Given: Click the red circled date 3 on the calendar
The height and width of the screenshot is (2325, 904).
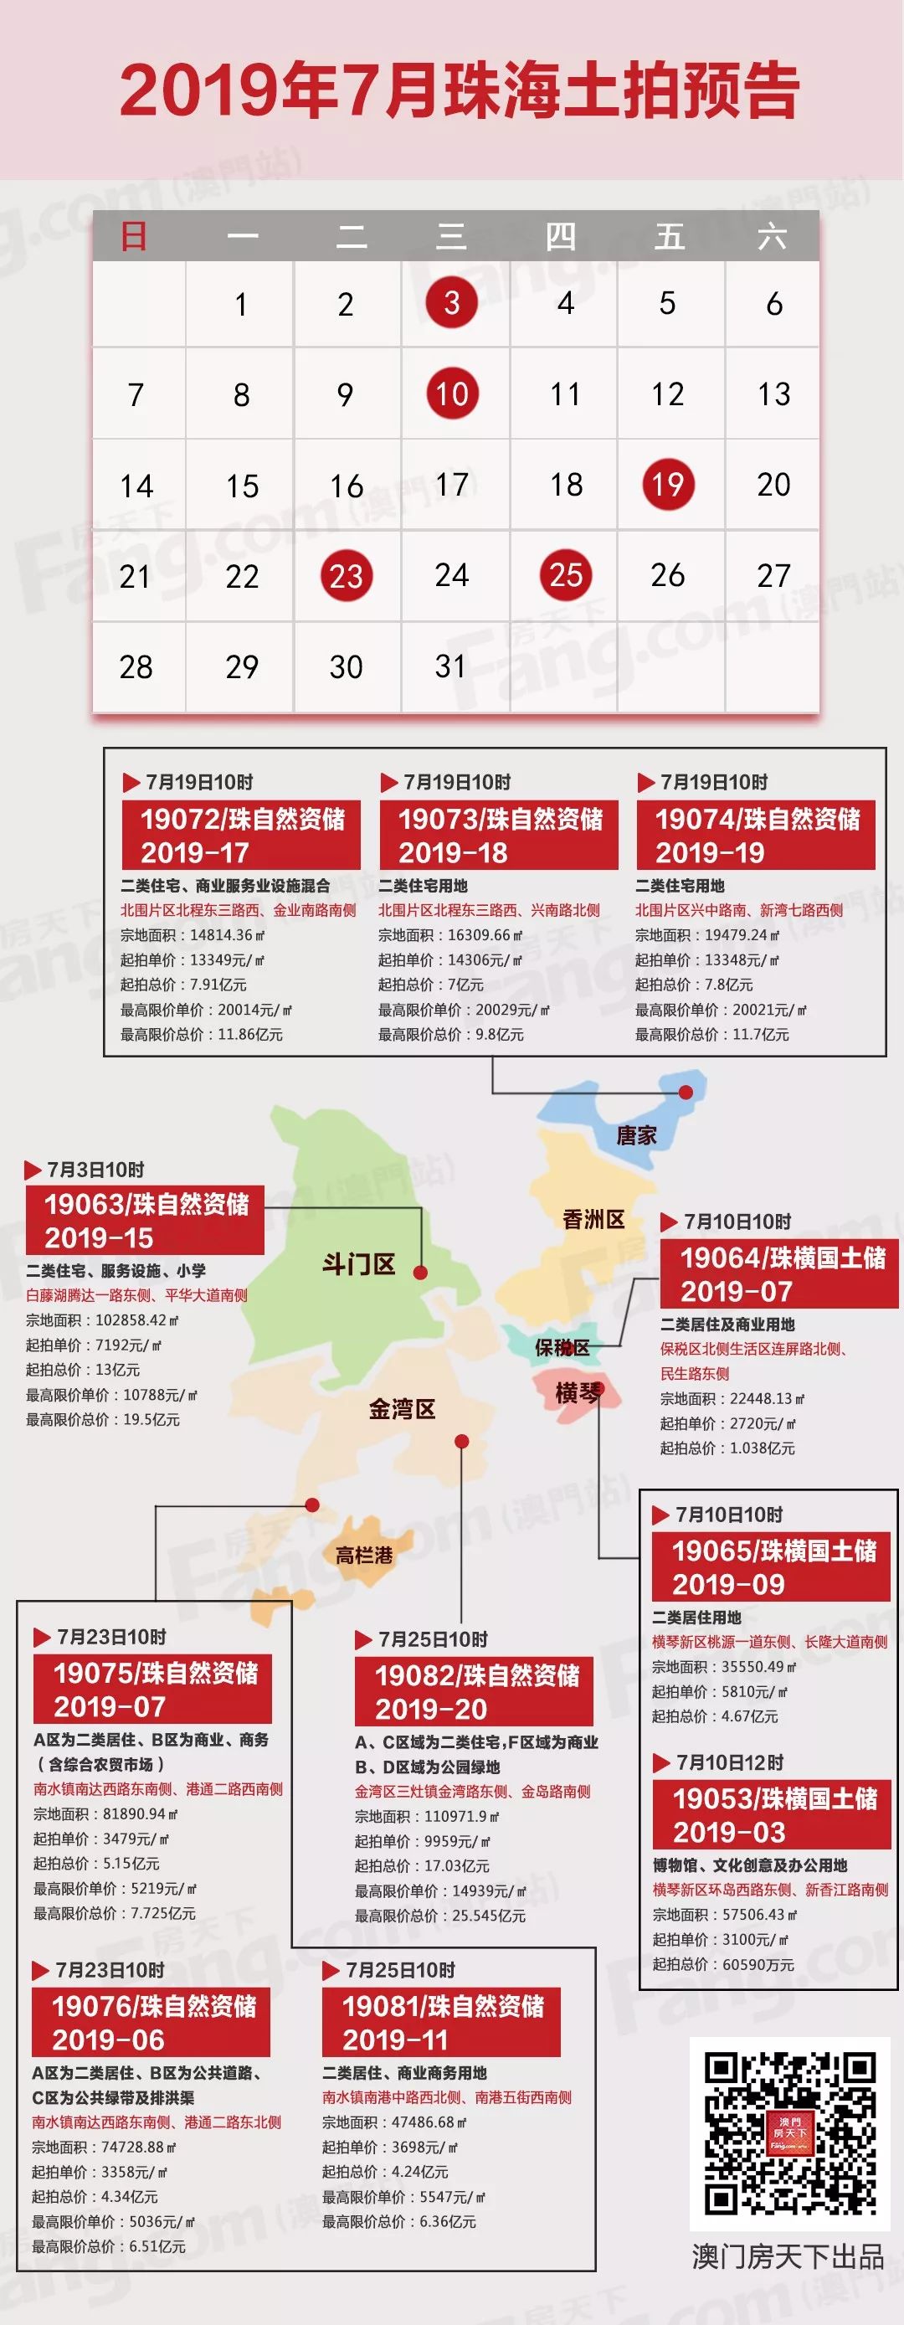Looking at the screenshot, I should click(x=451, y=302).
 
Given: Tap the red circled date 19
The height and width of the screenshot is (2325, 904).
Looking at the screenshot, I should click(x=668, y=485).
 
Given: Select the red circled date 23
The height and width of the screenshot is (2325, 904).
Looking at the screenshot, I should click(x=346, y=576).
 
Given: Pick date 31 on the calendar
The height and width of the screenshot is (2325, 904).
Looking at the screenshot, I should click(x=450, y=667).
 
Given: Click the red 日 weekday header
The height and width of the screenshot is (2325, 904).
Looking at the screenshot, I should click(x=134, y=236).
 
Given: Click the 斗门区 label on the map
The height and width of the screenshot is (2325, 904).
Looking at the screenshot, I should click(x=359, y=1263).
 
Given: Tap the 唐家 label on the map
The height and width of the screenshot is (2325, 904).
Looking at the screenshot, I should click(x=636, y=1135).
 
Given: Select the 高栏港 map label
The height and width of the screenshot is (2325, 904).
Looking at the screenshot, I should click(x=364, y=1555).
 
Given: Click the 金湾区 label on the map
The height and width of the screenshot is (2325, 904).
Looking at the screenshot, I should click(x=403, y=1409).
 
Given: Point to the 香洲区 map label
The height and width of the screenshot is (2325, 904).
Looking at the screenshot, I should click(x=593, y=1219).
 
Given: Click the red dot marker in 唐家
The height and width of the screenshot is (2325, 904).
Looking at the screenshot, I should click(x=686, y=1092).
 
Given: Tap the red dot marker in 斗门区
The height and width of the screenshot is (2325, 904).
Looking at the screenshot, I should click(x=420, y=1273).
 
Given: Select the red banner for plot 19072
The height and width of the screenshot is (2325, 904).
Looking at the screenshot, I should click(x=241, y=835).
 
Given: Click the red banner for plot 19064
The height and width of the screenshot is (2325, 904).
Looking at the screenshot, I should click(x=779, y=1273).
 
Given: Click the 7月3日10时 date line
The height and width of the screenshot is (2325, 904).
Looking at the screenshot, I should click(x=95, y=1170).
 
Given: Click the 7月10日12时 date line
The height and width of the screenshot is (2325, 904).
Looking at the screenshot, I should click(x=730, y=1762).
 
